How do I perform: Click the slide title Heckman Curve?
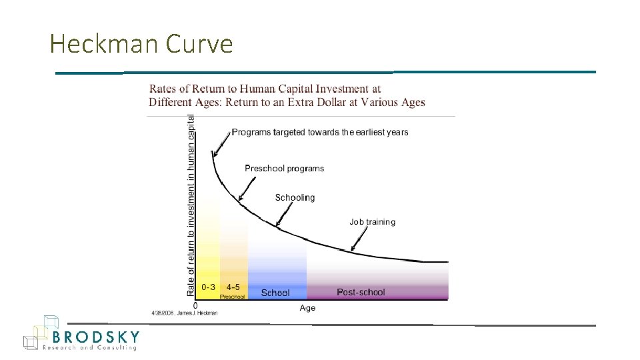[x=141, y=44]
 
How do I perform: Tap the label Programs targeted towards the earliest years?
[x=320, y=132]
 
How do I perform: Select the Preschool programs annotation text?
[x=284, y=168]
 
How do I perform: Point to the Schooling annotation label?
[x=295, y=197]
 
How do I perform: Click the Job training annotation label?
[x=372, y=222]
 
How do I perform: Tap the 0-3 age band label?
[x=209, y=287]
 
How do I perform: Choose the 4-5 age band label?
[x=233, y=287]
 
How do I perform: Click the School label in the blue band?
[x=275, y=293]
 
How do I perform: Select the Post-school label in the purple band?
[x=361, y=292]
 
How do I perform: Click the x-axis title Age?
[x=307, y=308]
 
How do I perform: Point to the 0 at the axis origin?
[x=195, y=305]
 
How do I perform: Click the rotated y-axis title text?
[x=191, y=205]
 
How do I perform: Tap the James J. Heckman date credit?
[x=185, y=313]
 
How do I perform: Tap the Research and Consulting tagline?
[x=89, y=347]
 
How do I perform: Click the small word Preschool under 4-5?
[x=233, y=297]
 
